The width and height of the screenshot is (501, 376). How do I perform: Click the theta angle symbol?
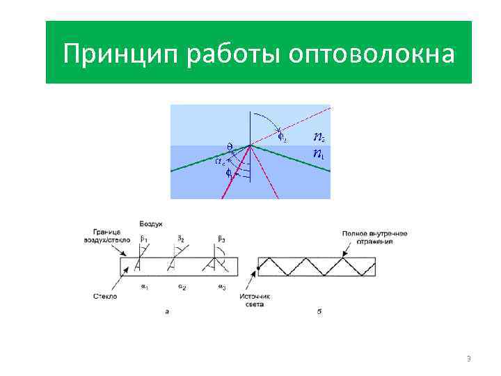click(230, 146)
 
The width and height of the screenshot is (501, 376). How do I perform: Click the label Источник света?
click(255, 300)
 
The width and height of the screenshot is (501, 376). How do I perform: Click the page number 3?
click(468, 359)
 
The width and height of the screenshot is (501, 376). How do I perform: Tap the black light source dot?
click(259, 267)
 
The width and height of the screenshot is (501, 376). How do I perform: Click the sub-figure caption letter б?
click(319, 311)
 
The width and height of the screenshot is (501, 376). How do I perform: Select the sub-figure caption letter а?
click(167, 311)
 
